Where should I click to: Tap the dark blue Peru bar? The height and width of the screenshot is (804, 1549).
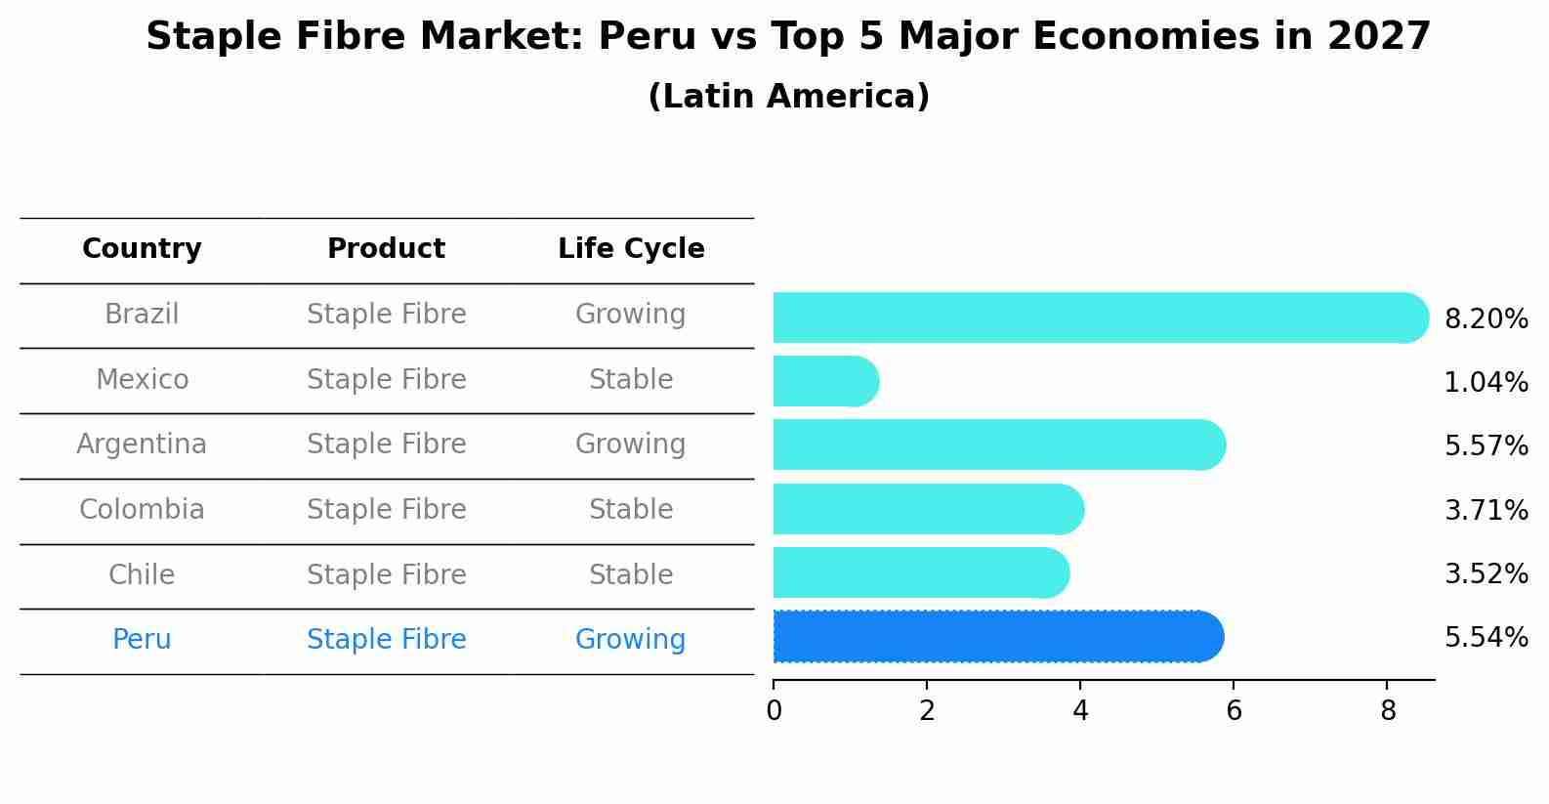tap(997, 637)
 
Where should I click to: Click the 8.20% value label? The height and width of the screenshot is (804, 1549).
tap(1486, 319)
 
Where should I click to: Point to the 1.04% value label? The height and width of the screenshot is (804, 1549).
tap(1486, 383)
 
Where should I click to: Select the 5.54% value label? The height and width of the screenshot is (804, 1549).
tap(1486, 638)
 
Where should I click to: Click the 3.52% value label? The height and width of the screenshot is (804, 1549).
tap(1486, 574)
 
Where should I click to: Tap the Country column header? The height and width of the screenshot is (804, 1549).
tap(142, 249)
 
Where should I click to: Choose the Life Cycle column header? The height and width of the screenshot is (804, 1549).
tap(631, 249)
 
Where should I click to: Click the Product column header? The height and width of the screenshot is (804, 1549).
tap(386, 249)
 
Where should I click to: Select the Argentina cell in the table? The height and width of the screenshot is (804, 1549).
tap(142, 444)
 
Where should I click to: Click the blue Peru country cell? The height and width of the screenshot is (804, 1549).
tap(142, 640)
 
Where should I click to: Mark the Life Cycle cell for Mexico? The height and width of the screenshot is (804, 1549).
tap(631, 380)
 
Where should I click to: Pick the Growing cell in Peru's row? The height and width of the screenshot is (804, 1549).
tap(631, 640)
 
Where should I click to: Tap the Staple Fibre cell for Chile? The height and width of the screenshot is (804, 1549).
tap(386, 575)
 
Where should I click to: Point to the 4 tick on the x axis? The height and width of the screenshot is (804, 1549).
tap(1080, 711)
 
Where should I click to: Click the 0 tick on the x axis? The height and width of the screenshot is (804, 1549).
tap(774, 711)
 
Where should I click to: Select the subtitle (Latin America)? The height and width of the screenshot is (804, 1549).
tap(788, 97)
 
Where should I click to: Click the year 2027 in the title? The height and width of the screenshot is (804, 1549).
tap(1378, 37)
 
